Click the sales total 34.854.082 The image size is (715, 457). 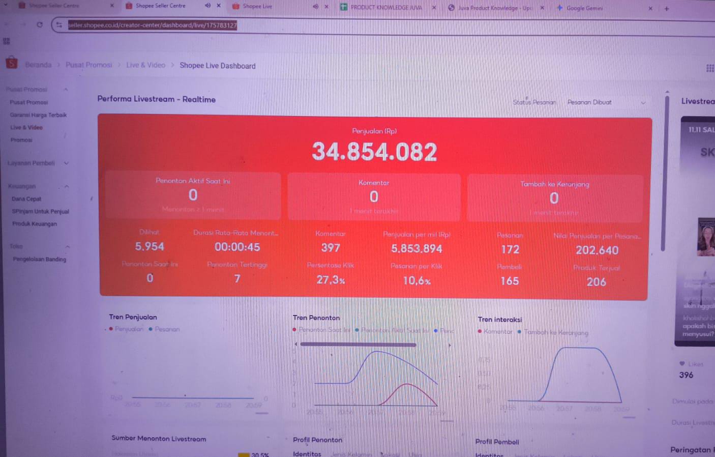[374, 151]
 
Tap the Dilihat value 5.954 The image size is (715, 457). [150, 246]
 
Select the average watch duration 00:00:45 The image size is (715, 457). [237, 247]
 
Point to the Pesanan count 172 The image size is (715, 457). [510, 249]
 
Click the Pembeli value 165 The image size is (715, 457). [510, 281]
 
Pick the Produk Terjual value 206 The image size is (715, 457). [597, 282]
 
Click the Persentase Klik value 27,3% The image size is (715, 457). [331, 280]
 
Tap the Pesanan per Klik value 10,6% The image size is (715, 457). [416, 280]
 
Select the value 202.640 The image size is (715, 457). [597, 250]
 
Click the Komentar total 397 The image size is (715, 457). [331, 248]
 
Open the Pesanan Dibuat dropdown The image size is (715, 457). [605, 102]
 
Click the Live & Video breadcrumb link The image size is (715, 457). [145, 65]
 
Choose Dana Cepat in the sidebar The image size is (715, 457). [26, 199]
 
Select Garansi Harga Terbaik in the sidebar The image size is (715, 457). [38, 115]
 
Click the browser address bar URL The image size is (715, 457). [153, 25]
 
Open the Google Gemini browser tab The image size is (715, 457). [584, 8]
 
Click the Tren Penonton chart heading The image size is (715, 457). [316, 318]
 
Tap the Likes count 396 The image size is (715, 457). [686, 375]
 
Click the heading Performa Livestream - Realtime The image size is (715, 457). [156, 99]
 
